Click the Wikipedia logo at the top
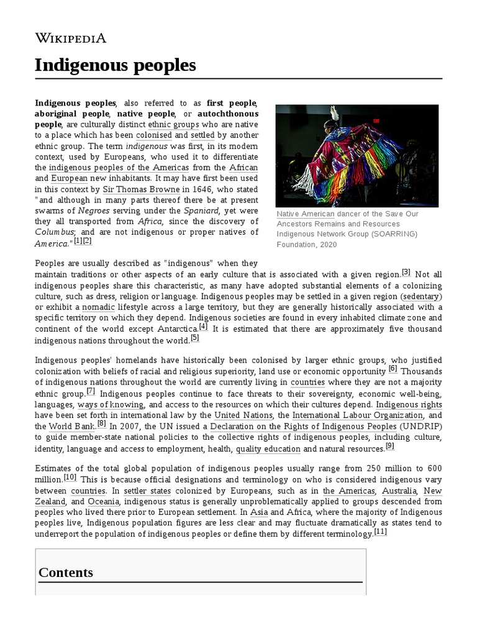70,38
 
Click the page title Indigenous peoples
116,65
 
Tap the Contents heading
66,572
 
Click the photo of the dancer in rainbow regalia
357,155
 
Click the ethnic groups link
174,124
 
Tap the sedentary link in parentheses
421,296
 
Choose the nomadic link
98,307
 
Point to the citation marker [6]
393,368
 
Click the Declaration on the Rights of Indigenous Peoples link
303,426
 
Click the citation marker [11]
381,532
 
